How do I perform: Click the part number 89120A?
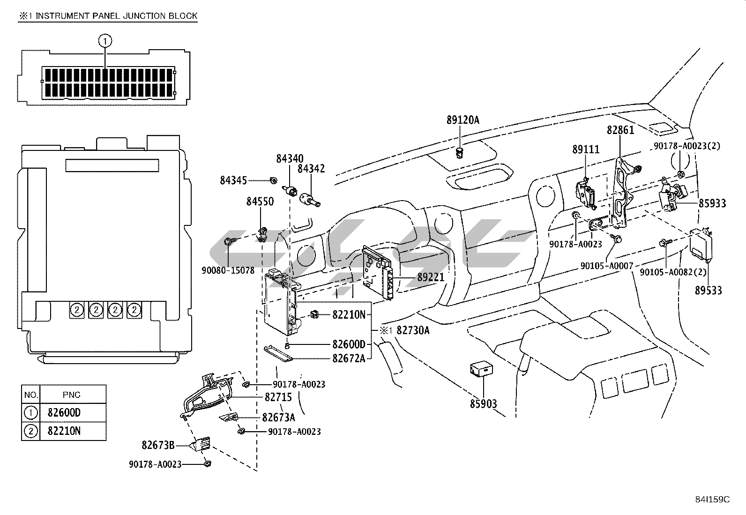tap(463, 120)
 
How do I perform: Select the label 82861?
tap(620, 130)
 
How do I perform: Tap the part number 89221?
tap(431, 277)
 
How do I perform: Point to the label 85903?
tap(484, 403)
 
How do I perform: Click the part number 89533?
tap(708, 291)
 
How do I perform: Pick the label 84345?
tap(233, 180)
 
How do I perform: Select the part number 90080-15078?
tap(228, 270)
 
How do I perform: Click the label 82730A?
tap(412, 330)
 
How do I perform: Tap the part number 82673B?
tap(158, 445)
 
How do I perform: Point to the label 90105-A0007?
tap(606, 266)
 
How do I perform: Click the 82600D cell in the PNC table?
tap(64, 413)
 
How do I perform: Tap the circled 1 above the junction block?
tap(105, 41)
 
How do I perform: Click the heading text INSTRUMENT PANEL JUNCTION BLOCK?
tap(116, 16)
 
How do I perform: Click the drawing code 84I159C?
tap(712, 500)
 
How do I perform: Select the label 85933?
tap(712, 203)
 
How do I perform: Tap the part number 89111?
tap(586, 149)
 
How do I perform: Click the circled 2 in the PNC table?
tap(30, 431)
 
